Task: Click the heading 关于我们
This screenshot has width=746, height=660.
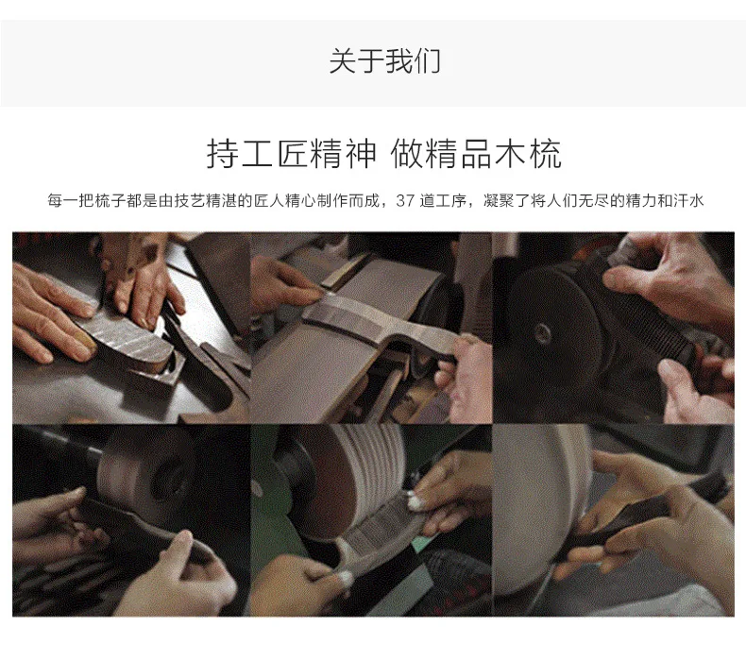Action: pyautogui.click(x=385, y=61)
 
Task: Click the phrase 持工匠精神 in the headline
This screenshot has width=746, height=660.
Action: pyautogui.click(x=291, y=154)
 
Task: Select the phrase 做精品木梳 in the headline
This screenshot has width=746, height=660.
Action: pyautogui.click(x=476, y=154)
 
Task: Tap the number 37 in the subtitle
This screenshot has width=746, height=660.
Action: pyautogui.click(x=405, y=201)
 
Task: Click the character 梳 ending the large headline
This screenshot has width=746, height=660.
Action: pyautogui.click(x=546, y=154)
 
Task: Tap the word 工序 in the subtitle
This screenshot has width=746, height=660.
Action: pyautogui.click(x=451, y=201)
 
